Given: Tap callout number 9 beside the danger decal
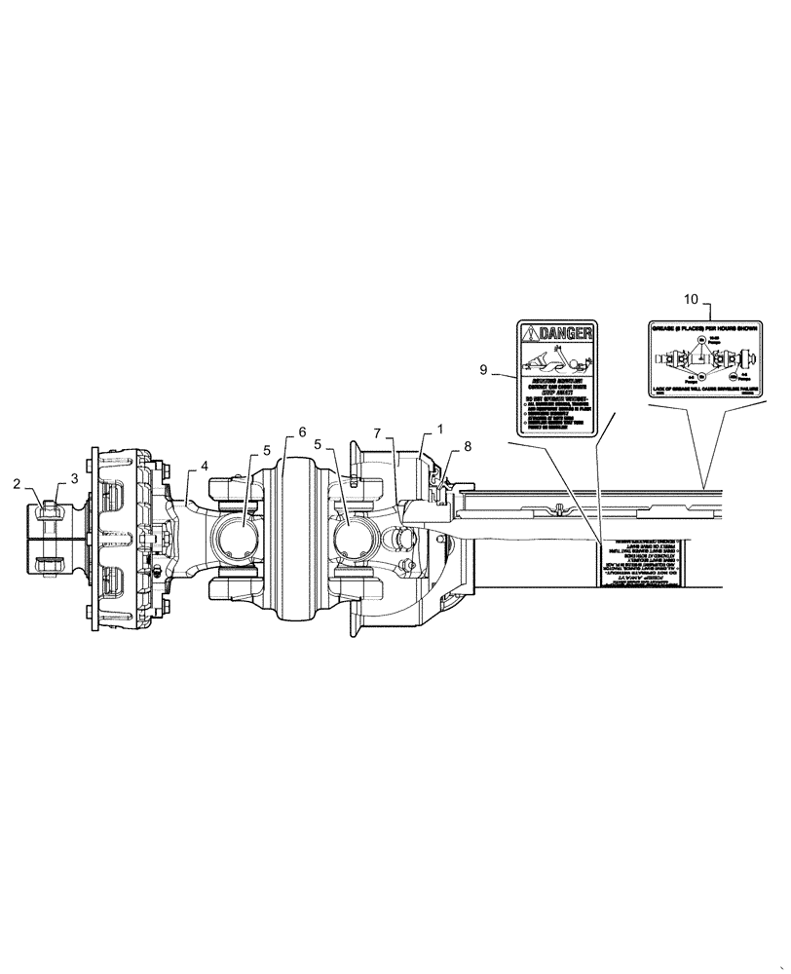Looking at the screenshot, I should coord(483,370).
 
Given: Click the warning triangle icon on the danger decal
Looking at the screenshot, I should coord(530,335).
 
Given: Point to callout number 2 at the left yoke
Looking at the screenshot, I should coord(16,483).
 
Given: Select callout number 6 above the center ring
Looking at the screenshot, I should coord(301,431).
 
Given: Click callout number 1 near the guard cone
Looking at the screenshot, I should coord(439,429).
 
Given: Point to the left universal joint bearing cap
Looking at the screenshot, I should coord(239,539).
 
